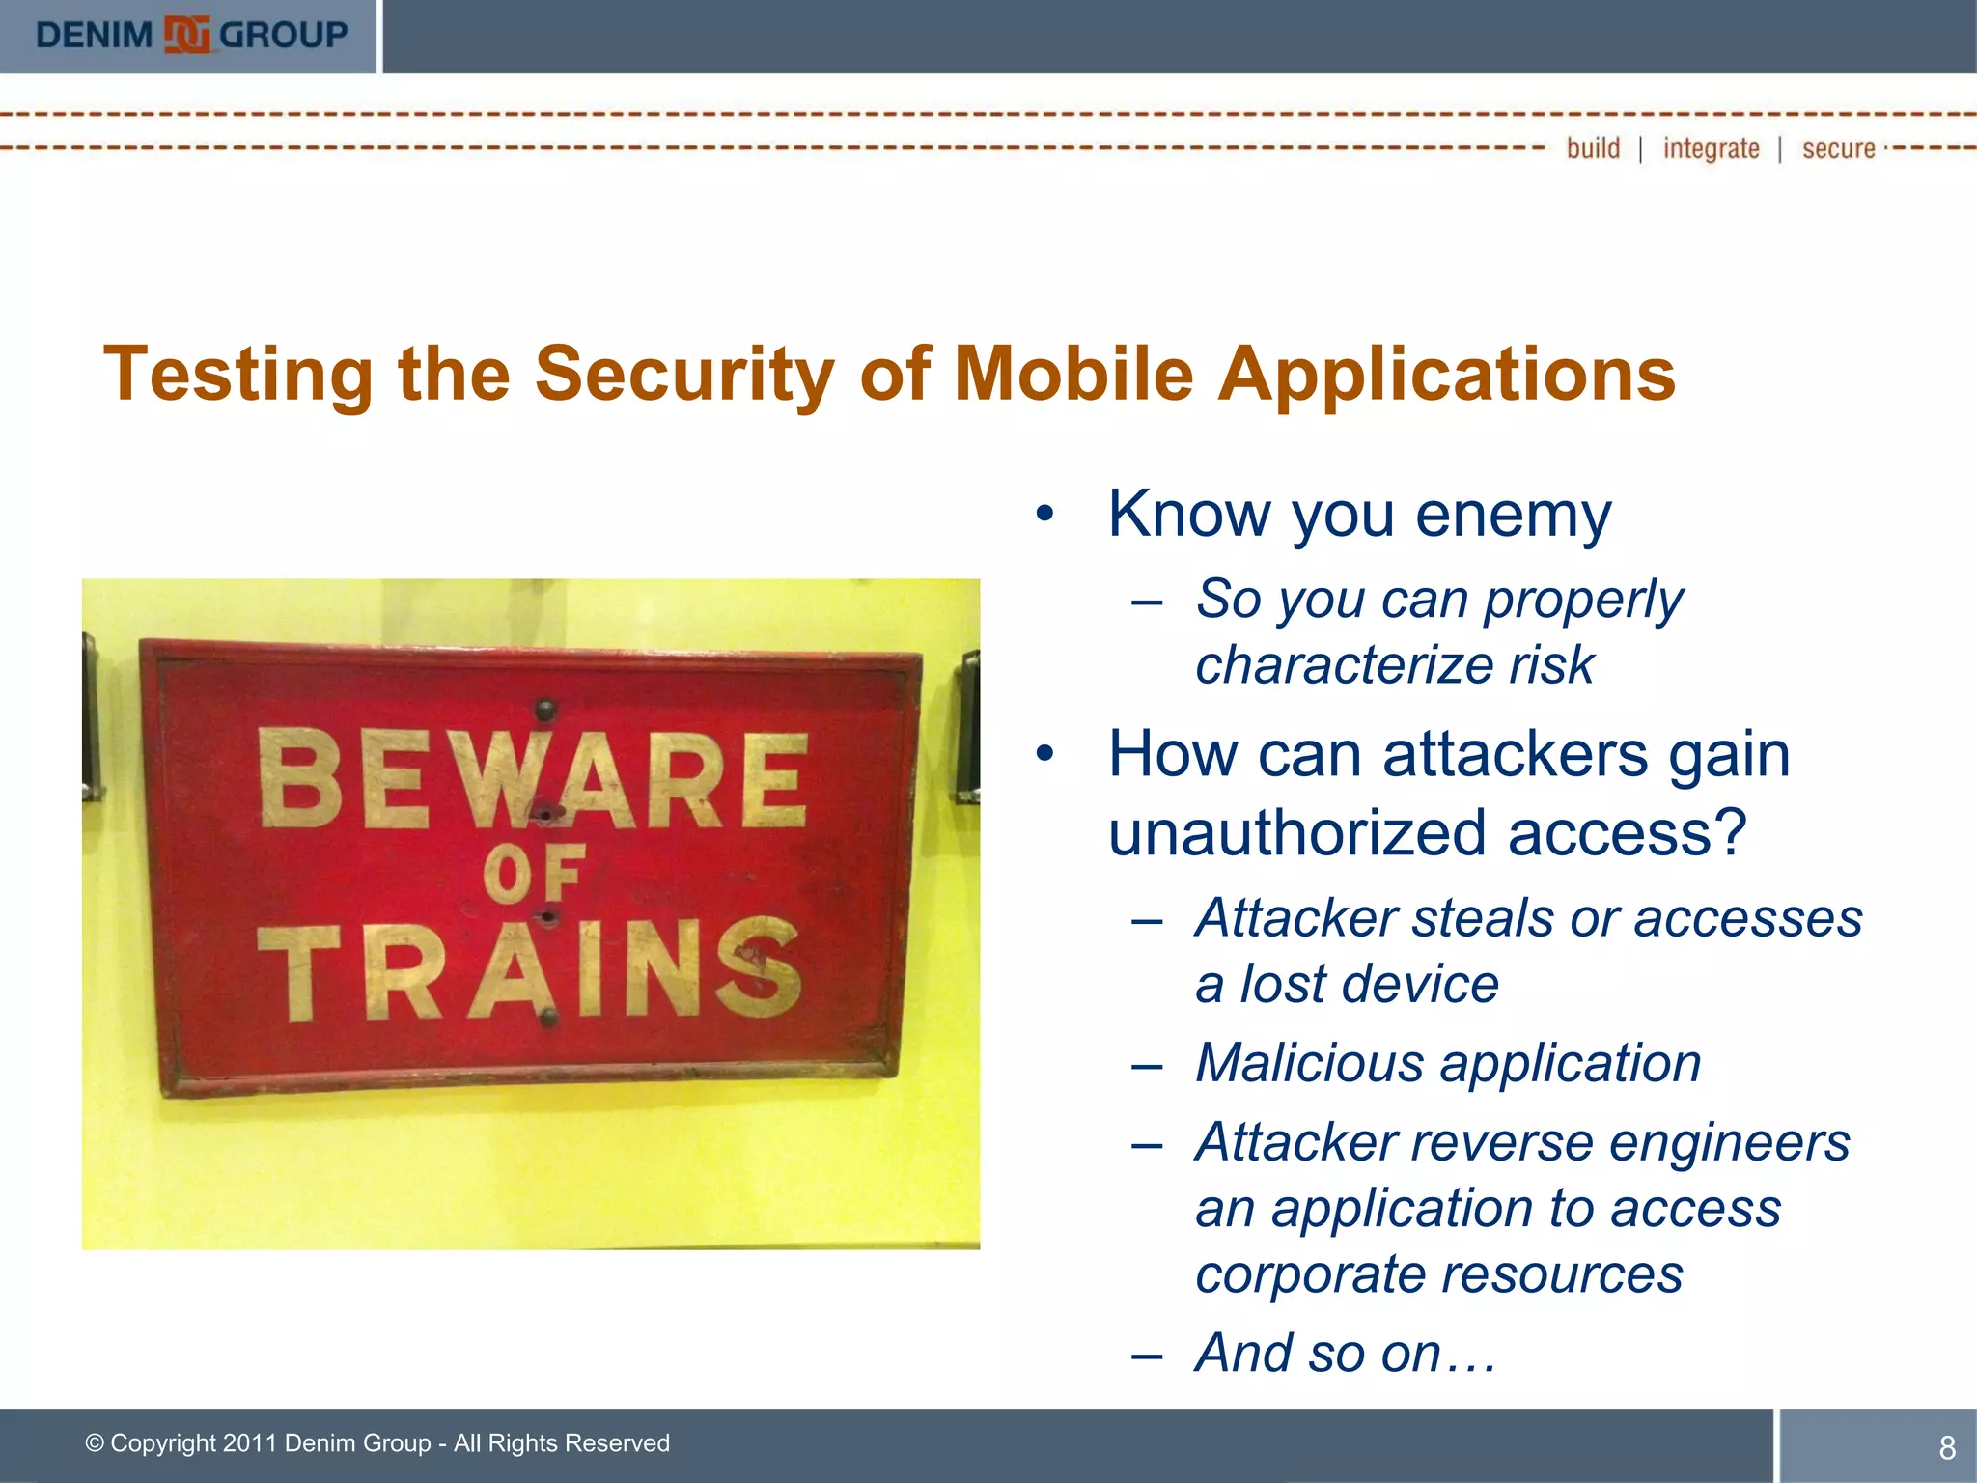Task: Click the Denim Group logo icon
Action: pyautogui.click(x=186, y=36)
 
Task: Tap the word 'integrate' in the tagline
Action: pyautogui.click(x=1711, y=149)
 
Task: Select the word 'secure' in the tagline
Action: pyautogui.click(x=1838, y=149)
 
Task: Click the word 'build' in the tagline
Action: pyautogui.click(x=1593, y=149)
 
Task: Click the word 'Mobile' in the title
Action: pyautogui.click(x=1073, y=375)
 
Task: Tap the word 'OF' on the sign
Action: pyautogui.click(x=533, y=875)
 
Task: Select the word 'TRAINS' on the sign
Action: pyautogui.click(x=529, y=970)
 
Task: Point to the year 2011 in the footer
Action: pyautogui.click(x=250, y=1443)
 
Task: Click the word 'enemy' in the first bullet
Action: pyautogui.click(x=1513, y=515)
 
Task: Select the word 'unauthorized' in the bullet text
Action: pyautogui.click(x=1296, y=833)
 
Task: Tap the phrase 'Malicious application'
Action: pyautogui.click(x=1448, y=1063)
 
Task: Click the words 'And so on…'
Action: pyautogui.click(x=1346, y=1353)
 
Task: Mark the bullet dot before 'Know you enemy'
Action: pyautogui.click(x=1044, y=515)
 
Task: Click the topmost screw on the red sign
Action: pyautogui.click(x=546, y=711)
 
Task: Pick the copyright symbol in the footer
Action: pyautogui.click(x=95, y=1443)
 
